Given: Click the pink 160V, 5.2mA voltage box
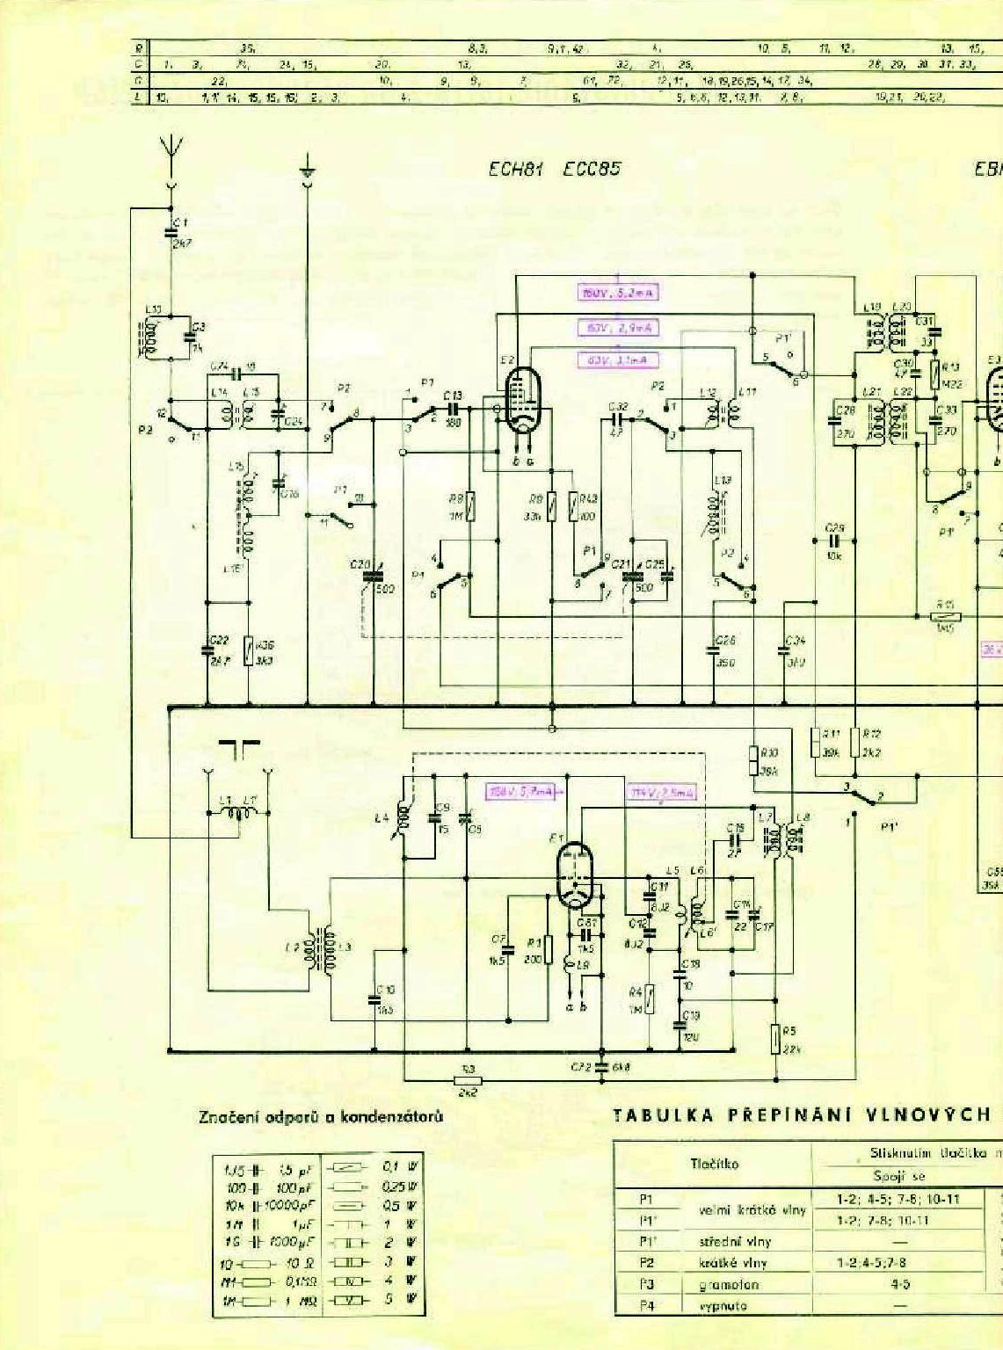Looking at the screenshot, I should [619, 294].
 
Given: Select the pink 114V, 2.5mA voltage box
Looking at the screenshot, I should [662, 793].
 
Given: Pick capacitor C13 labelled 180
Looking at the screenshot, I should [454, 409].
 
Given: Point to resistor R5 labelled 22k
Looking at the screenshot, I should [775, 1038].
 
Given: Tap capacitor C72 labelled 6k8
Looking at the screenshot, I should [601, 1067].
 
